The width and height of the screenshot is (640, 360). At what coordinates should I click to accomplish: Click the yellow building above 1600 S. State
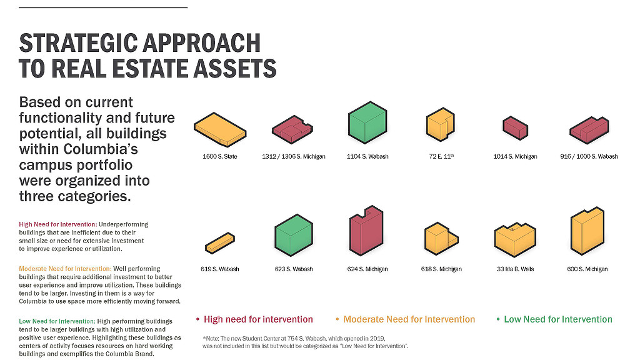coord(220,130)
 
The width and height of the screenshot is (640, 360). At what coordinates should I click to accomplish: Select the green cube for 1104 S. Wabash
coord(367,122)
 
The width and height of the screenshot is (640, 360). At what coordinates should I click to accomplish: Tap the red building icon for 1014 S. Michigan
coord(515,127)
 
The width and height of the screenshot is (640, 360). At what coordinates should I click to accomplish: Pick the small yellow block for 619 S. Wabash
coord(220,243)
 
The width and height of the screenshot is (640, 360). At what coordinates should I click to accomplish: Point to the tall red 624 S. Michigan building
coord(366,231)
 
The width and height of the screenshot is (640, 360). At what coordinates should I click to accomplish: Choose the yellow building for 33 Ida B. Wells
coord(515,239)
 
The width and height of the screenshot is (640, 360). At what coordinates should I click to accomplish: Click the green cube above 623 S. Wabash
coord(294,235)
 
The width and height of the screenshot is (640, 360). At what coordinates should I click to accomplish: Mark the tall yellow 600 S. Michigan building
coord(587,231)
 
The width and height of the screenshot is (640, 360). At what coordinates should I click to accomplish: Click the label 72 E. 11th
coord(441,156)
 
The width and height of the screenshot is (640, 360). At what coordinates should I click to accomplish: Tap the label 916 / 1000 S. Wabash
coord(589,156)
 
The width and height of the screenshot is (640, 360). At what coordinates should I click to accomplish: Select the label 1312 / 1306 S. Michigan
coord(294,156)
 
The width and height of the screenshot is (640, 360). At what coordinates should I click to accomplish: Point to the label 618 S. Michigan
coord(441,269)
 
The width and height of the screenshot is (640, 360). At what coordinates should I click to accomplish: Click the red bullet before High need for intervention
coord(197,319)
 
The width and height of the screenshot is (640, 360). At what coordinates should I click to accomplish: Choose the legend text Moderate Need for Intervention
coord(409,319)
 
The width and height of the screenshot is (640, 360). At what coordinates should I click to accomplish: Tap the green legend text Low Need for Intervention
coord(558,319)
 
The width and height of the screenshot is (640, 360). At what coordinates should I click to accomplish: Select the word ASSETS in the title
coord(235,68)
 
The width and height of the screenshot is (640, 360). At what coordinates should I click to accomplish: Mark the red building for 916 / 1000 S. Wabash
coord(589,130)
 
